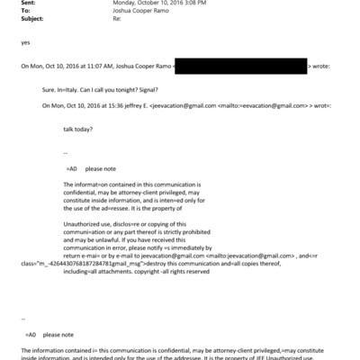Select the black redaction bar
[x=239, y=67]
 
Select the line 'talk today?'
[x=84, y=128]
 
